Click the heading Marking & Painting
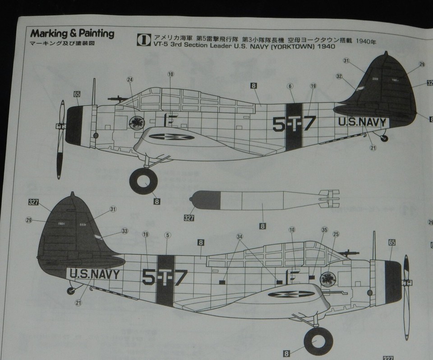[x=72, y=34]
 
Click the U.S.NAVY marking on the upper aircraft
[x=362, y=121]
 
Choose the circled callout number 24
[x=130, y=80]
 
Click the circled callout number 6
[x=290, y=86]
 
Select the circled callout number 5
[x=167, y=235]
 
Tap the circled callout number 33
[x=124, y=231]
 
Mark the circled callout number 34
[x=240, y=236]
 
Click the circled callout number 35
[x=324, y=230]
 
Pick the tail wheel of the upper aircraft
[x=384, y=138]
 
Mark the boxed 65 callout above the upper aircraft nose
[x=77, y=94]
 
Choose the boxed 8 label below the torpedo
[x=263, y=226]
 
